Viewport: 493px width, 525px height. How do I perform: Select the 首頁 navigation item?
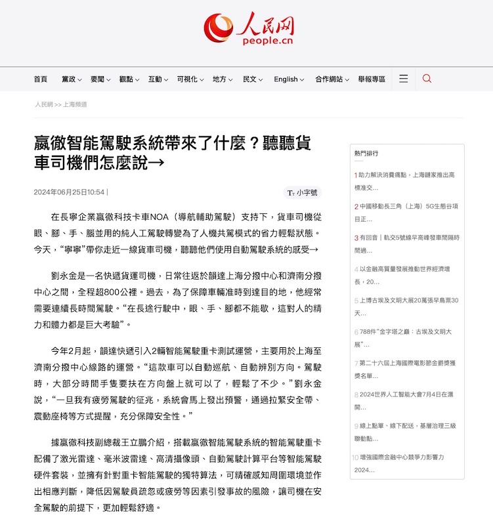[41, 79]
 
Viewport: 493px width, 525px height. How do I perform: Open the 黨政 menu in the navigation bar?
[72, 79]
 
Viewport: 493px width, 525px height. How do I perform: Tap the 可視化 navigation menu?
[190, 79]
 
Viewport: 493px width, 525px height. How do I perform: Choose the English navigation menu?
[289, 79]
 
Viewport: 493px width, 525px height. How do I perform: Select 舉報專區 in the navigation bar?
[372, 79]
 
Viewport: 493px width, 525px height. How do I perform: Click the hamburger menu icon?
[404, 79]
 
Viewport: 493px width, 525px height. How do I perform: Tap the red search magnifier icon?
[427, 79]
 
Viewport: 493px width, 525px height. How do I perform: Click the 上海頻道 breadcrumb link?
[75, 104]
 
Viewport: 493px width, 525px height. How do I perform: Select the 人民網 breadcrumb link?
[44, 104]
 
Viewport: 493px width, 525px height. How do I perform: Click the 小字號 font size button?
[303, 192]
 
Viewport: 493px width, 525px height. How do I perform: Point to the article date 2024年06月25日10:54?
[69, 192]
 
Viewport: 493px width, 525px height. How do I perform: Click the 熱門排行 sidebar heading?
[366, 153]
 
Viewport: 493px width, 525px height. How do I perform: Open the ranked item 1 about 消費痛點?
[406, 181]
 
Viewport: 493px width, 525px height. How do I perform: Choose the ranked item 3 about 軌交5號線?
[406, 243]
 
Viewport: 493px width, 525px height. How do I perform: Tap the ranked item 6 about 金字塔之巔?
[406, 337]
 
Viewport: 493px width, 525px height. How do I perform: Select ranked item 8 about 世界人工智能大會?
[406, 400]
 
